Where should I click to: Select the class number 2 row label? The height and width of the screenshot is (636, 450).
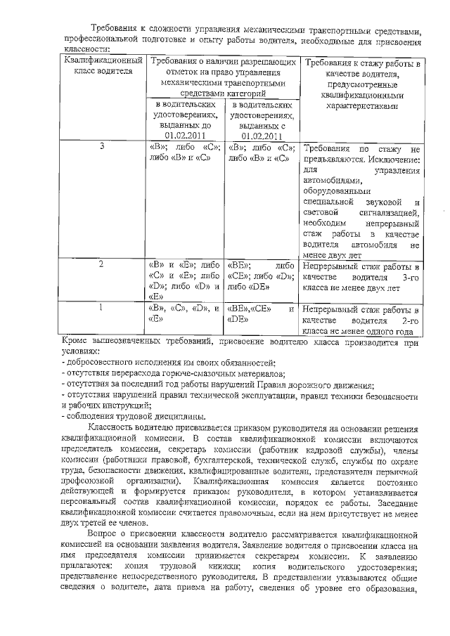(103, 265)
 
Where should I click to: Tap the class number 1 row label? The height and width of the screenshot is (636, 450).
(103, 307)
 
